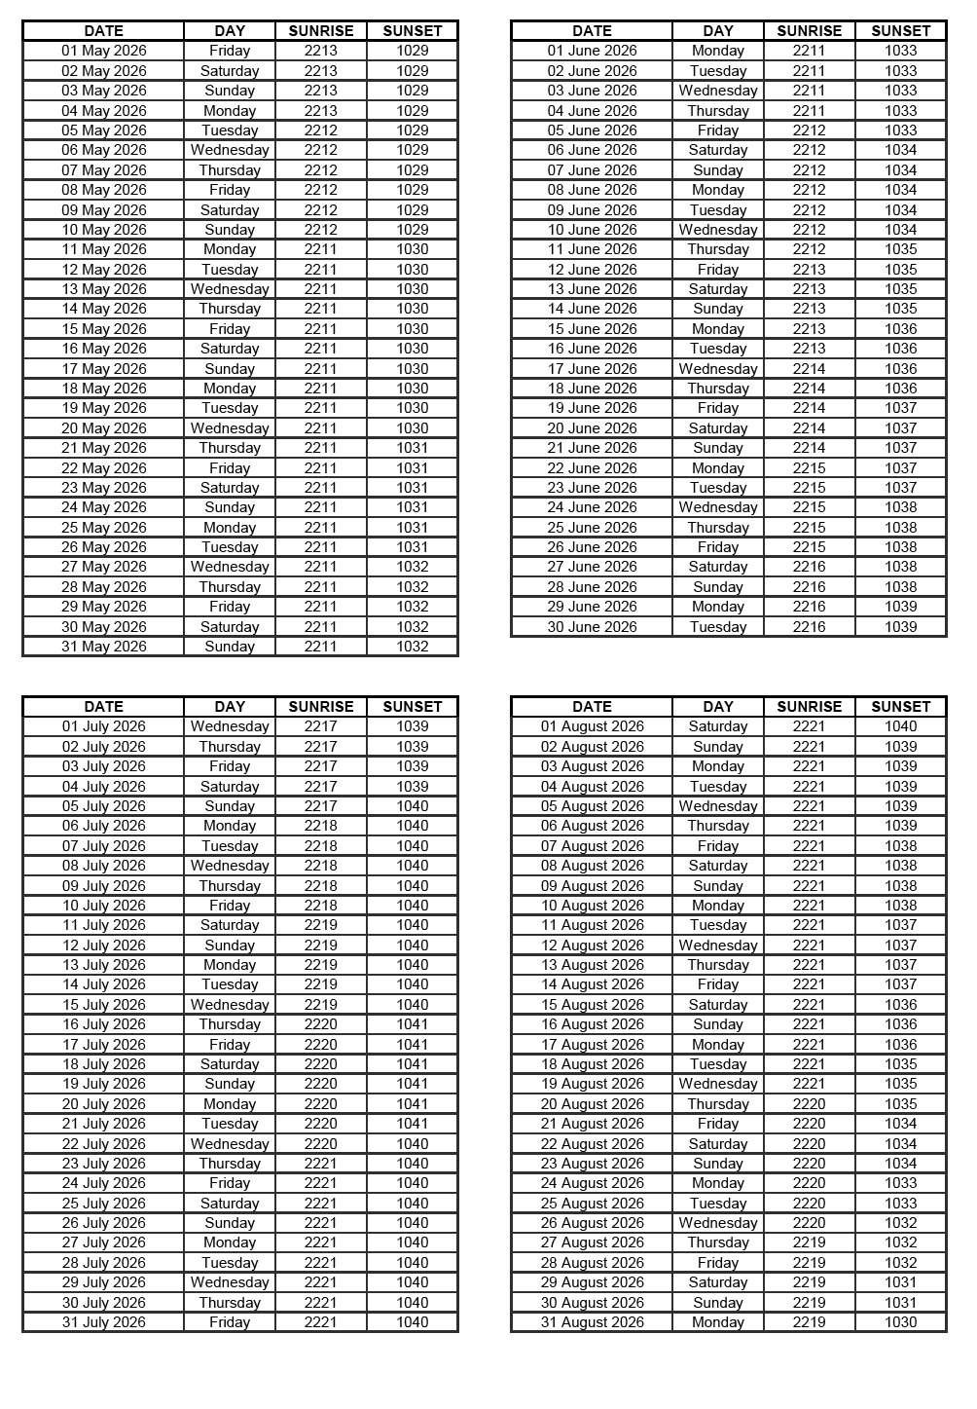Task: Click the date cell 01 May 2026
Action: click(x=104, y=51)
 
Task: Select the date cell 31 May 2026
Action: click(x=104, y=647)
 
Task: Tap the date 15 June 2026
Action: click(x=592, y=329)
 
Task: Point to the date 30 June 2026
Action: click(x=592, y=627)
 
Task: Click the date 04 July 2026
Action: click(x=104, y=787)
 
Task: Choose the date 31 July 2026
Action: click(x=104, y=1322)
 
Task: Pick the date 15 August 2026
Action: click(x=592, y=1005)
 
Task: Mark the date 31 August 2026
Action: click(x=592, y=1322)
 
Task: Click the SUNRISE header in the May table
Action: click(x=321, y=31)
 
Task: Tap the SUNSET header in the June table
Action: click(x=900, y=31)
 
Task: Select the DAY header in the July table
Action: click(x=230, y=707)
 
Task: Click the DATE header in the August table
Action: click(x=592, y=707)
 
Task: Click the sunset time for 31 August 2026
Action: click(x=900, y=1322)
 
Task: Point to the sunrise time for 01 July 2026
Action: click(x=321, y=726)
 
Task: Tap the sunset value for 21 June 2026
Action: click(x=900, y=448)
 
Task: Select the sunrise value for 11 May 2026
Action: click(x=321, y=249)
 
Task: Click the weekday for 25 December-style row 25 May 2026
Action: click(x=230, y=528)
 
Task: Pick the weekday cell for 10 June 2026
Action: click(x=718, y=230)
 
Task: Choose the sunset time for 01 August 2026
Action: click(x=900, y=726)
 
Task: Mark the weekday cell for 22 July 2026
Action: click(x=230, y=1144)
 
